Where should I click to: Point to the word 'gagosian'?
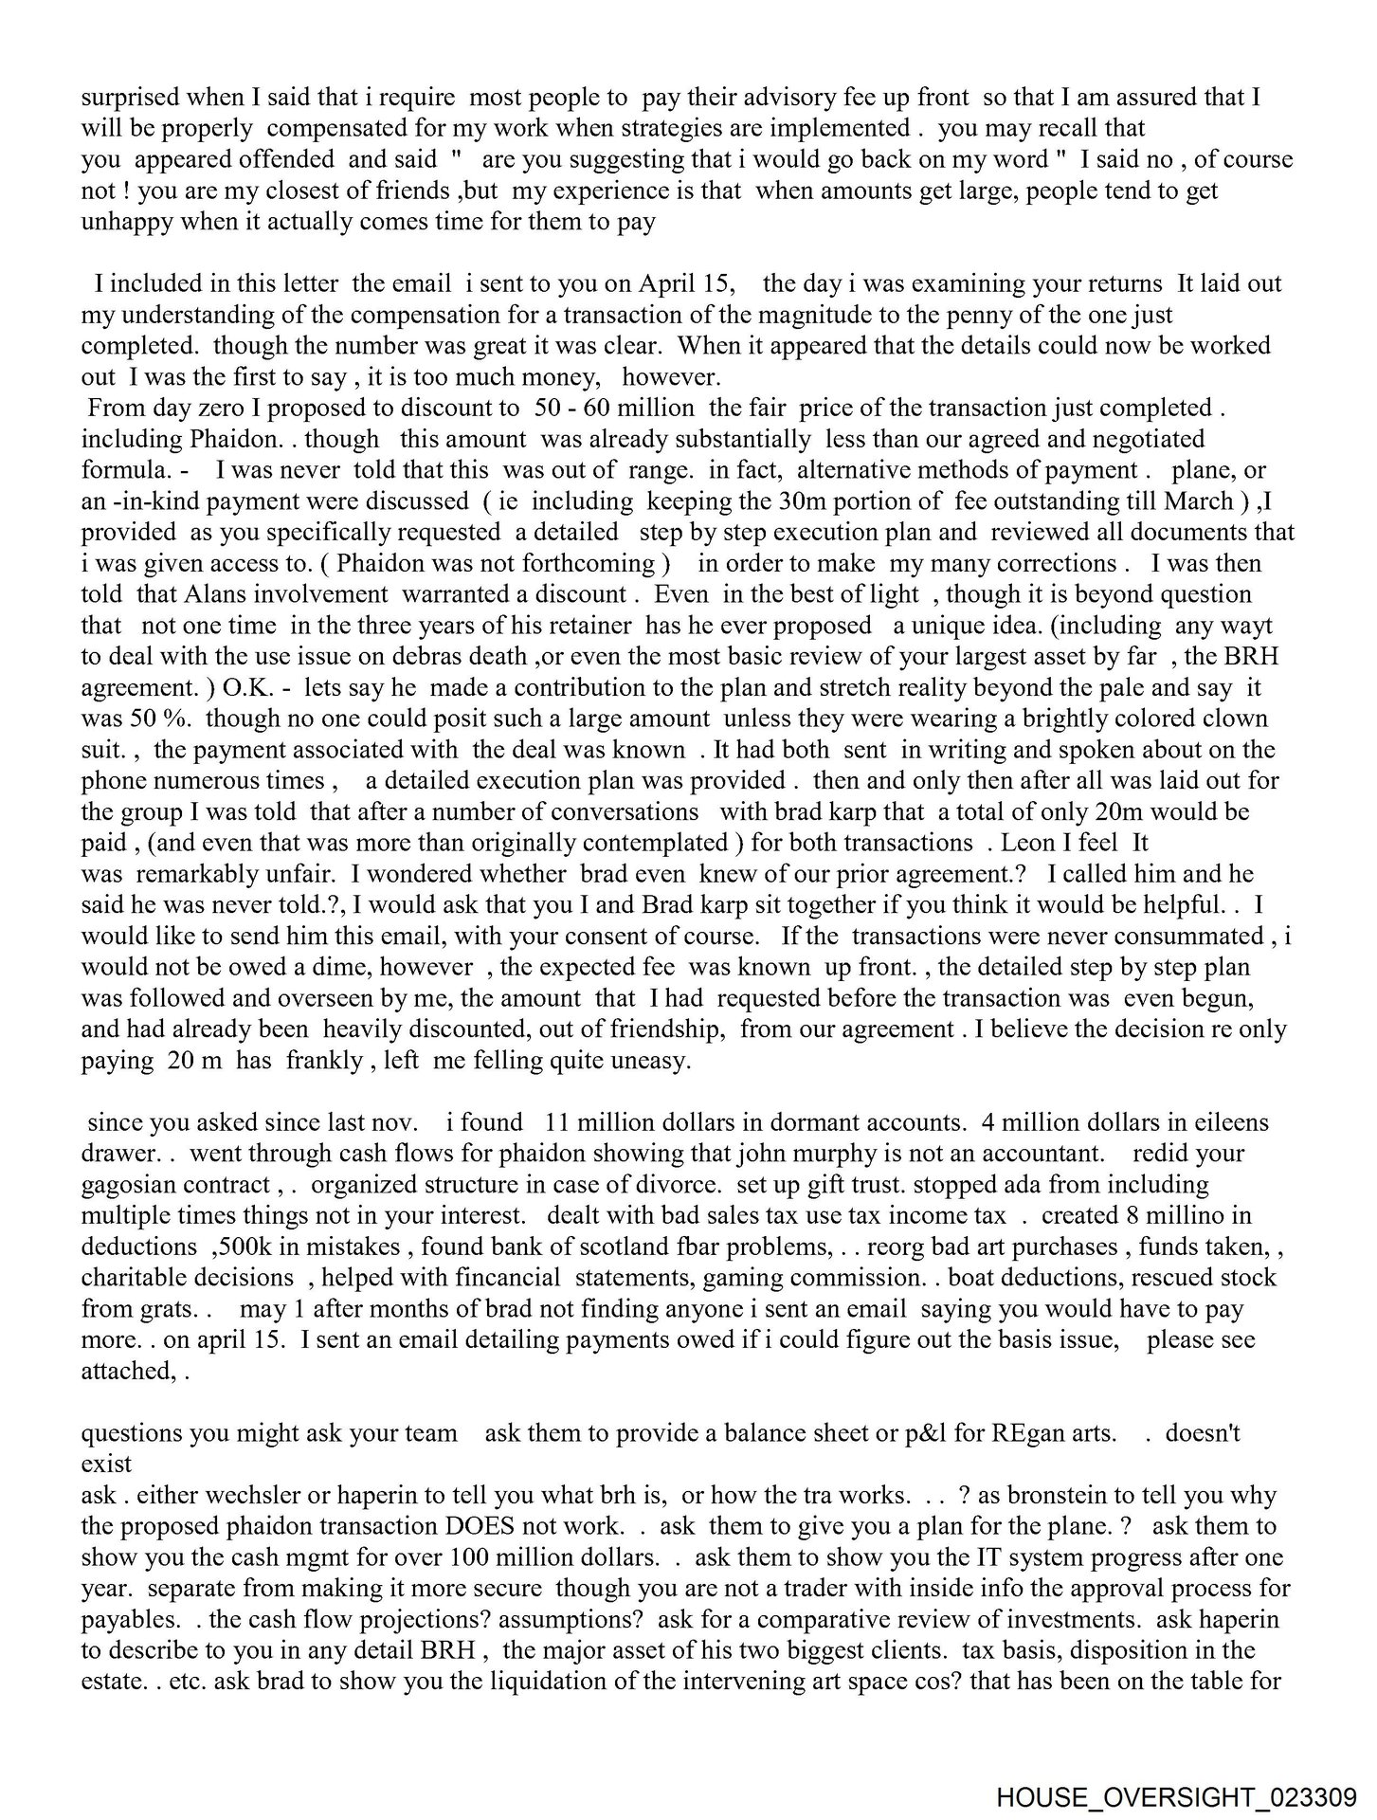click(130, 1185)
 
